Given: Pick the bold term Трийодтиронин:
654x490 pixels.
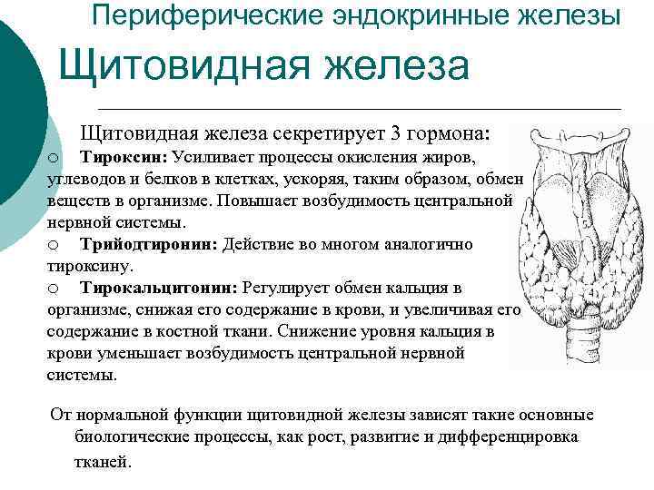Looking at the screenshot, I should tap(149, 245).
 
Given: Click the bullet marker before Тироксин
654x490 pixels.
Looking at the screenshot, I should tap(54, 158).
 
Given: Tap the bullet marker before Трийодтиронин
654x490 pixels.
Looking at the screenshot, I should tap(54, 246).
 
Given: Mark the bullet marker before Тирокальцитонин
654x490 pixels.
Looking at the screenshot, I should tap(54, 289).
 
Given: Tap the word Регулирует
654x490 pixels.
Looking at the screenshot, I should tap(284, 289).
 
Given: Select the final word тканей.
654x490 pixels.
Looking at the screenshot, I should tap(103, 460).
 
